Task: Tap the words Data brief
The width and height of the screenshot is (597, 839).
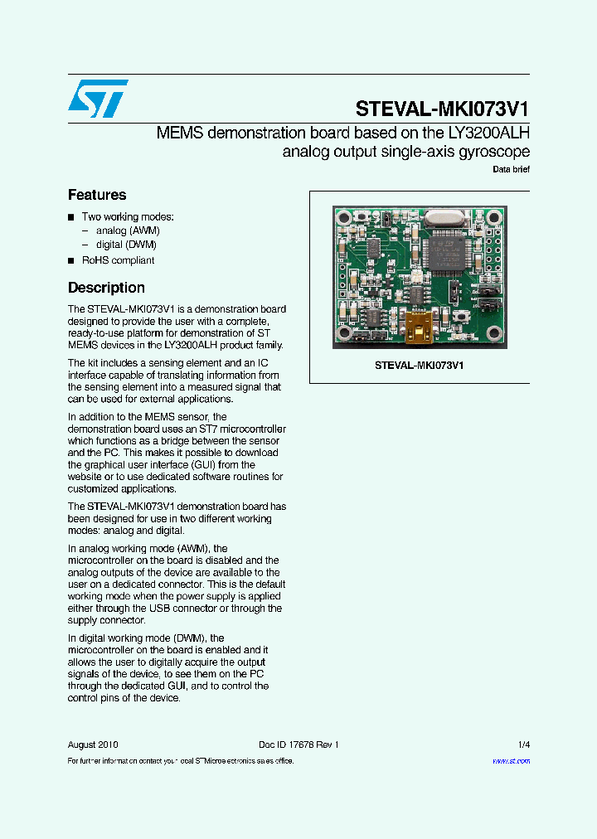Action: coord(511,169)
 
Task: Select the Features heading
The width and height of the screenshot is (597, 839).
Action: coord(97,195)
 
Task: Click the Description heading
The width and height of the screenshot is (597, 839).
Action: coord(106,288)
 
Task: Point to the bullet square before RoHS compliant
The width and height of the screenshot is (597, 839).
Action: coord(71,260)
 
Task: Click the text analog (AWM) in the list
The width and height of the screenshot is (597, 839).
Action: coord(128,230)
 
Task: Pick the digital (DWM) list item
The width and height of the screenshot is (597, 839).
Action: coord(126,245)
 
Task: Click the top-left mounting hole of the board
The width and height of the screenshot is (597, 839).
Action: coord(343,218)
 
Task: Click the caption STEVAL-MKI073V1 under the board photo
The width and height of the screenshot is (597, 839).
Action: coord(419,365)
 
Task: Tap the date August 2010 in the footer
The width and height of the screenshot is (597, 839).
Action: coord(93,744)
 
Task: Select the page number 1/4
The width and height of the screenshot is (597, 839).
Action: coord(523,744)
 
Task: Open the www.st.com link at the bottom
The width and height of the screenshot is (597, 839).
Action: coord(511,760)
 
